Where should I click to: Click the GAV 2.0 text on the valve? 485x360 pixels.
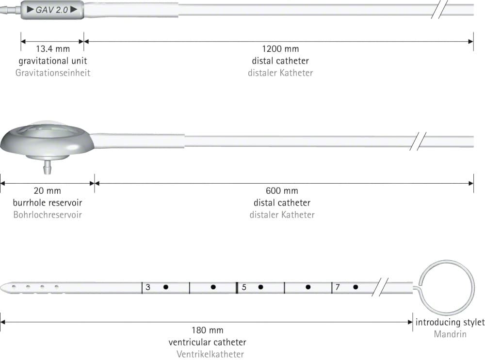pos(52,10)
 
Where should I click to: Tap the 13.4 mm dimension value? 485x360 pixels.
pos(53,49)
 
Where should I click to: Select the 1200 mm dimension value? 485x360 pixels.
pos(280,49)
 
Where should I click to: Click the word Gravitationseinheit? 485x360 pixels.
pos(53,73)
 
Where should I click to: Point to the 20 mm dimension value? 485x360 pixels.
pos(48,191)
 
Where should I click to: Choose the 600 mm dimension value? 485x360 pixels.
pos(282,191)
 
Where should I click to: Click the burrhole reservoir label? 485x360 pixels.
pos(48,203)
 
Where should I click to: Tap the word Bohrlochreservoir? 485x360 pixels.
pos(48,215)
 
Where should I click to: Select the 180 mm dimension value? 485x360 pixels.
pos(207,330)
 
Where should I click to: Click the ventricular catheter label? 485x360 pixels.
pos(207,343)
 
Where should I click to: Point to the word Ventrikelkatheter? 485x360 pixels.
pos(210,354)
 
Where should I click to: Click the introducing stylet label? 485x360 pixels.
pos(450,322)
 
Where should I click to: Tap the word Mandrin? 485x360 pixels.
pos(450,334)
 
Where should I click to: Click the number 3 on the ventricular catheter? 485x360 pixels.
pos(148,287)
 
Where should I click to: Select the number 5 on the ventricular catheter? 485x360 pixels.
pos(244,287)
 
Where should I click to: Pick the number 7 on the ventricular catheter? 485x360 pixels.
pos(338,287)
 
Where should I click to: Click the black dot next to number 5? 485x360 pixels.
pos(261,287)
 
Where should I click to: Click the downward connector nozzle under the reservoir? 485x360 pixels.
pos(48,167)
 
